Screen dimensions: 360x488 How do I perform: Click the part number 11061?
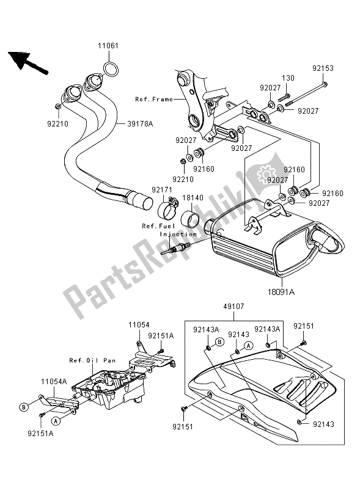point(108,46)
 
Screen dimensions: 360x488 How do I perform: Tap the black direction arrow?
point(28,62)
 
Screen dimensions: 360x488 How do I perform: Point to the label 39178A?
point(140,124)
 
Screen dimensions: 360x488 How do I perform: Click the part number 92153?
point(323,68)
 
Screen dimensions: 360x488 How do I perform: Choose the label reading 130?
point(288,78)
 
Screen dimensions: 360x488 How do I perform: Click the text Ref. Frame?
point(154,100)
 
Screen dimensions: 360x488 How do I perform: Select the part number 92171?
point(162,189)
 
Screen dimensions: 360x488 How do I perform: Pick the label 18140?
point(193,198)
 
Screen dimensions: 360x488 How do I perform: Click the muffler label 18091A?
point(281,292)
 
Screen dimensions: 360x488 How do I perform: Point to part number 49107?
point(233,307)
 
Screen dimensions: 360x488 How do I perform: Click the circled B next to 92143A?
point(219,342)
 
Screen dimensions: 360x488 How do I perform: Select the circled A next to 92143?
point(248,345)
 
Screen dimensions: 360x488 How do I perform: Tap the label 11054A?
point(54,382)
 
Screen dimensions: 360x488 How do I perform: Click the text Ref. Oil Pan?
point(92,360)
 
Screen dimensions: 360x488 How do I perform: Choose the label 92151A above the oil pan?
point(161,336)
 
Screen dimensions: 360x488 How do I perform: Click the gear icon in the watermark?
point(265,173)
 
